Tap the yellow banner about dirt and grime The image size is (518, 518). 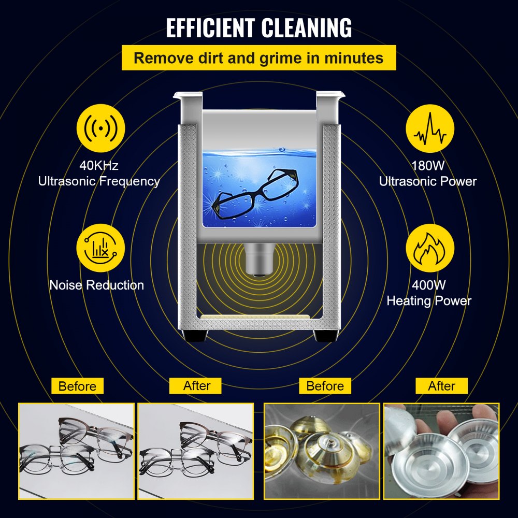(x=258, y=57)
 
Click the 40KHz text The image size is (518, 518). (x=99, y=166)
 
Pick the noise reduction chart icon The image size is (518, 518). (x=100, y=247)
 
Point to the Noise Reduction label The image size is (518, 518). (x=97, y=285)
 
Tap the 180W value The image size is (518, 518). (x=428, y=166)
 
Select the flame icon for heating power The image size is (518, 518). (x=429, y=248)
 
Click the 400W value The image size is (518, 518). (x=429, y=284)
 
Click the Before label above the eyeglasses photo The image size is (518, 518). (x=77, y=386)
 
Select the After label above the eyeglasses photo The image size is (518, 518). (x=196, y=386)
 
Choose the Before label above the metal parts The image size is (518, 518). (x=325, y=386)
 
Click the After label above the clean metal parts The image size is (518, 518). (x=441, y=386)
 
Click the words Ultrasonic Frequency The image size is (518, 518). (x=98, y=181)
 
